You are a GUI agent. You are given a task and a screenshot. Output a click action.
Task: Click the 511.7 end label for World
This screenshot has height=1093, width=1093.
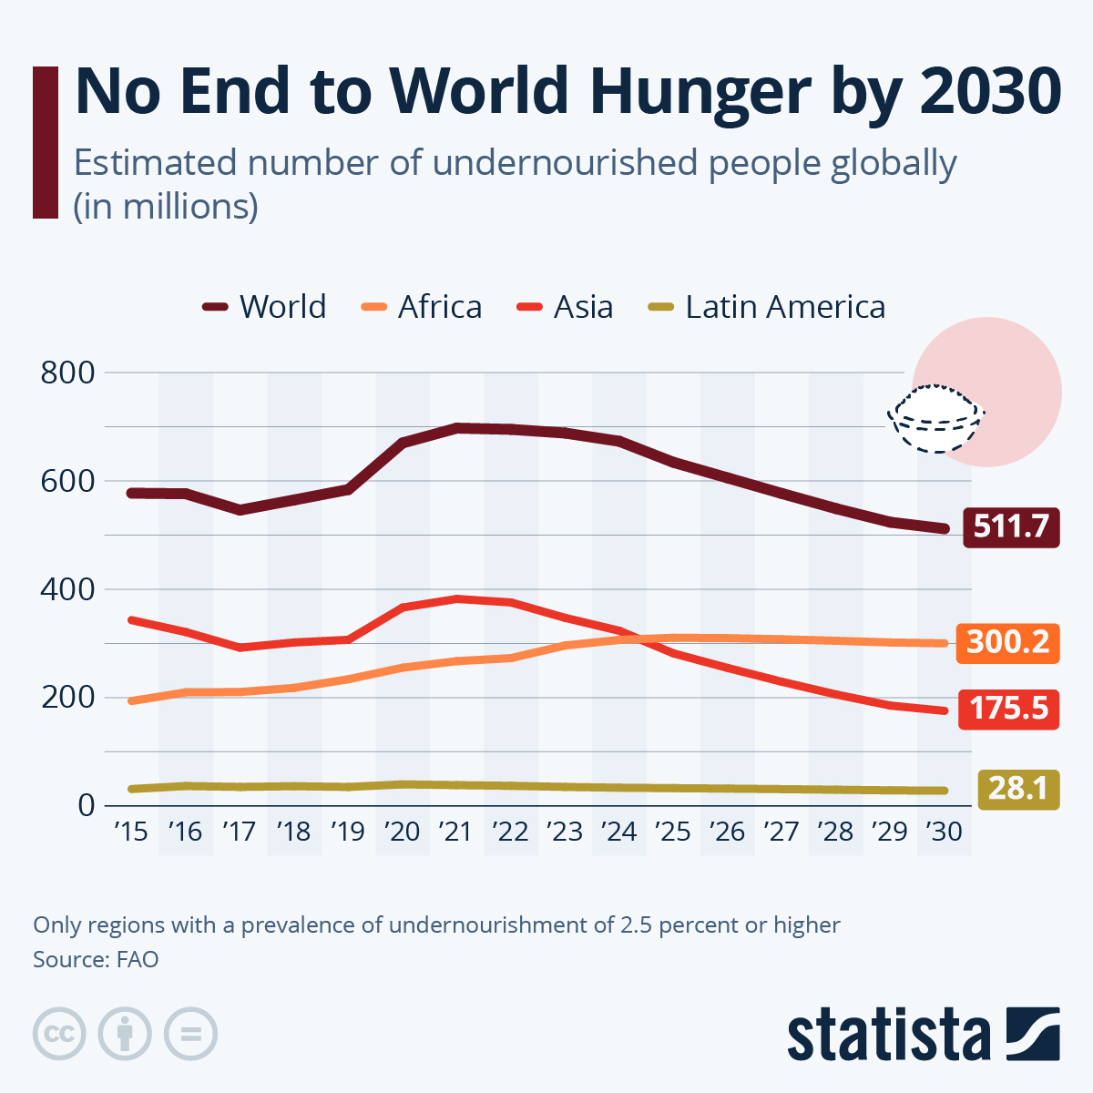tap(1011, 526)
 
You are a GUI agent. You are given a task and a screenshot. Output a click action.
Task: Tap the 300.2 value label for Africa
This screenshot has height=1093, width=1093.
tap(1007, 642)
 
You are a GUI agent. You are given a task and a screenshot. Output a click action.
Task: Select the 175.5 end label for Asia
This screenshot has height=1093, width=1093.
tap(1008, 709)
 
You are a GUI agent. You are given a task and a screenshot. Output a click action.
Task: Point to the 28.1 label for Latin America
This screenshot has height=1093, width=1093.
tap(1018, 788)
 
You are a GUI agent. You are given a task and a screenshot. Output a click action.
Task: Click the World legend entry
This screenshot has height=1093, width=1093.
tap(265, 307)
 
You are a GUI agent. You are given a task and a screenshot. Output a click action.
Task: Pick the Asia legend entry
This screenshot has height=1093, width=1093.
tap(566, 307)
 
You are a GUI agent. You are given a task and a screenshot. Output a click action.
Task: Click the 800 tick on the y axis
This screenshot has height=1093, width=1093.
tap(67, 373)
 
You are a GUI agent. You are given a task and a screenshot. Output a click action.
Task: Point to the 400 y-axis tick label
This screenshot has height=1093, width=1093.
tap(67, 589)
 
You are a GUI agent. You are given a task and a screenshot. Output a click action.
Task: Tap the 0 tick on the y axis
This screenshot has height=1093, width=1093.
tap(86, 805)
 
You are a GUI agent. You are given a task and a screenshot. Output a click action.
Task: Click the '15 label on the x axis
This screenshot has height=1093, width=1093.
tap(131, 832)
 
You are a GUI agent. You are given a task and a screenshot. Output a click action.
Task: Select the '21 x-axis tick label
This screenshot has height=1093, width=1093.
tap(455, 832)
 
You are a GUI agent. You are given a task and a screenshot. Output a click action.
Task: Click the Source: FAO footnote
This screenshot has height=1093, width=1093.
tap(96, 959)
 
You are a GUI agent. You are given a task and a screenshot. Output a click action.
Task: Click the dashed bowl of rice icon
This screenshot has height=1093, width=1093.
tap(935, 419)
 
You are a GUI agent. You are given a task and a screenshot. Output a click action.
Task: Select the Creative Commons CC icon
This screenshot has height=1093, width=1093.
tap(59, 1034)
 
